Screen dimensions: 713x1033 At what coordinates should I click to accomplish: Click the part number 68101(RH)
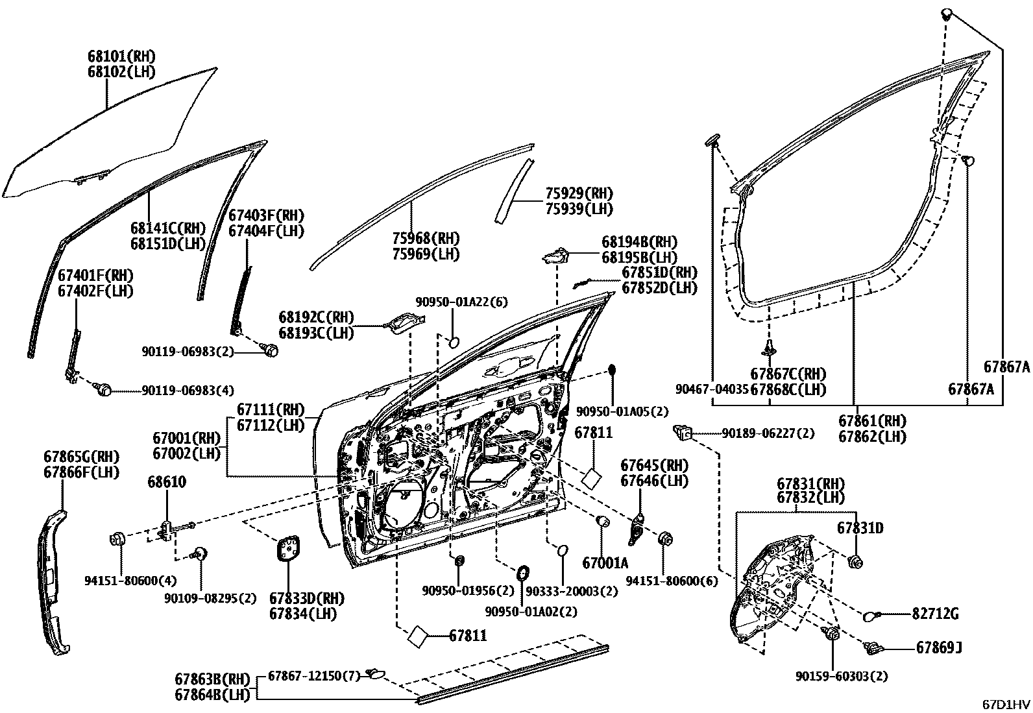click(x=121, y=56)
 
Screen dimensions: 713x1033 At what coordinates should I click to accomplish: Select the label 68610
click(x=167, y=482)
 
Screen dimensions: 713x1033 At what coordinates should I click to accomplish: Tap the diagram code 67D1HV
click(x=1005, y=705)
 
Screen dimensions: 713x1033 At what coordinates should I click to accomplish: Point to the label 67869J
click(x=939, y=647)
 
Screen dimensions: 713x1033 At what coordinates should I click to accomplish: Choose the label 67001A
click(x=605, y=563)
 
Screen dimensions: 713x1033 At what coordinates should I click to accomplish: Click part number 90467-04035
click(x=712, y=389)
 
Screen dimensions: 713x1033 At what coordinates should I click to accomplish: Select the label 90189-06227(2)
click(x=768, y=433)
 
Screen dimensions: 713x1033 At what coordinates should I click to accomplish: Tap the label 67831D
click(x=860, y=528)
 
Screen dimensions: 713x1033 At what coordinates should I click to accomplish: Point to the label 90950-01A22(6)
click(x=461, y=302)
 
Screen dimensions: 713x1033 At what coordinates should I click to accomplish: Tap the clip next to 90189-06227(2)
click(x=683, y=430)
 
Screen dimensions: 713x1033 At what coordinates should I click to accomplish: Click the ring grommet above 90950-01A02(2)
click(x=522, y=573)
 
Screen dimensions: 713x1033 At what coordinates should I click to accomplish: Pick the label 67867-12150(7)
click(x=313, y=676)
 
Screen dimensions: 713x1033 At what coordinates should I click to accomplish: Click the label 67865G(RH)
click(x=82, y=456)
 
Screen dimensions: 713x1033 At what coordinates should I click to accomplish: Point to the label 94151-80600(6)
click(x=672, y=581)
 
